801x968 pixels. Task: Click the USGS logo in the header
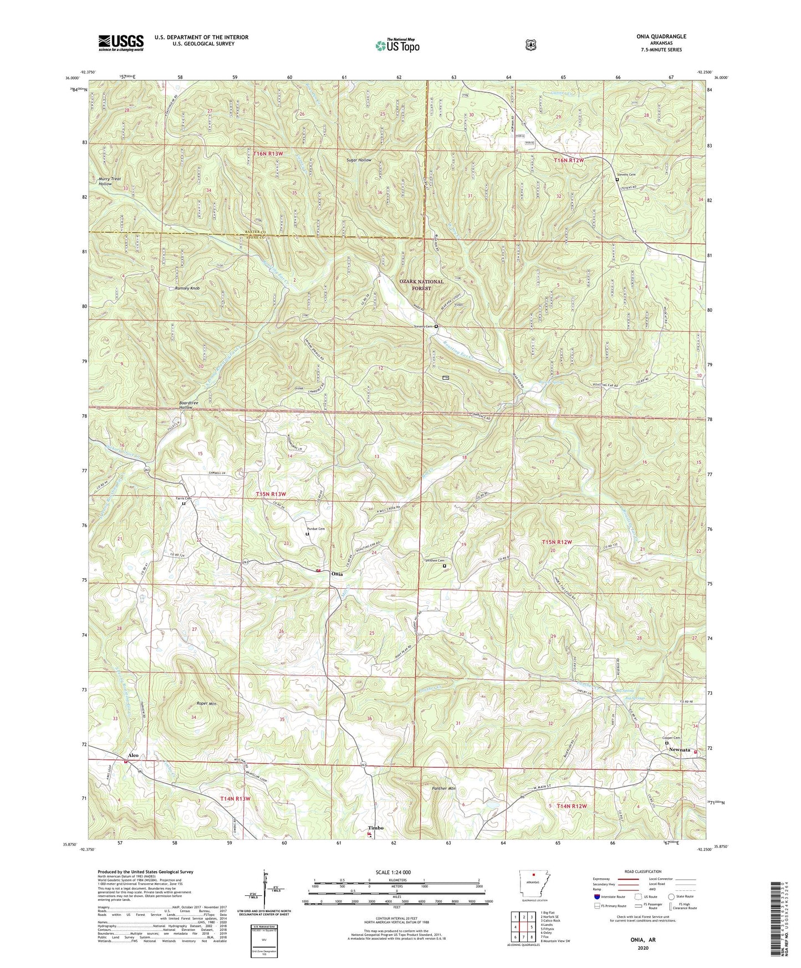tap(121, 43)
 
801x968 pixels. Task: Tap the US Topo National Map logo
tap(396, 45)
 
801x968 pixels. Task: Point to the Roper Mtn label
tap(206, 704)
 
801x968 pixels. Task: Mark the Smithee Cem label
tap(435, 561)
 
